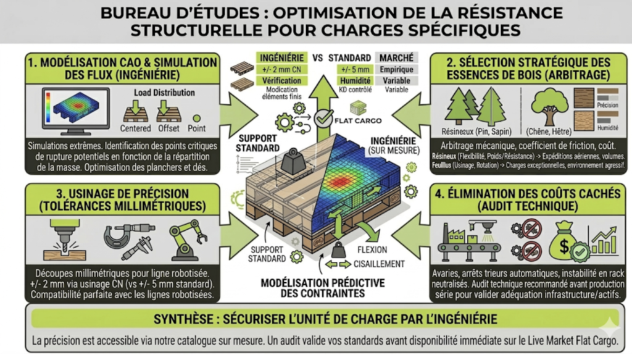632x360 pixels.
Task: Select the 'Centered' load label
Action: point(135,128)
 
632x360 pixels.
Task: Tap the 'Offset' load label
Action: point(168,128)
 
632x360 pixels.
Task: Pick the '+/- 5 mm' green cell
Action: point(352,70)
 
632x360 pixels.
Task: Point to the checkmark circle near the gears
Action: point(323,115)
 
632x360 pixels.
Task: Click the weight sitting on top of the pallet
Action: point(290,162)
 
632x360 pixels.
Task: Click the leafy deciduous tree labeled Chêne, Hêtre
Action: point(547,106)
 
